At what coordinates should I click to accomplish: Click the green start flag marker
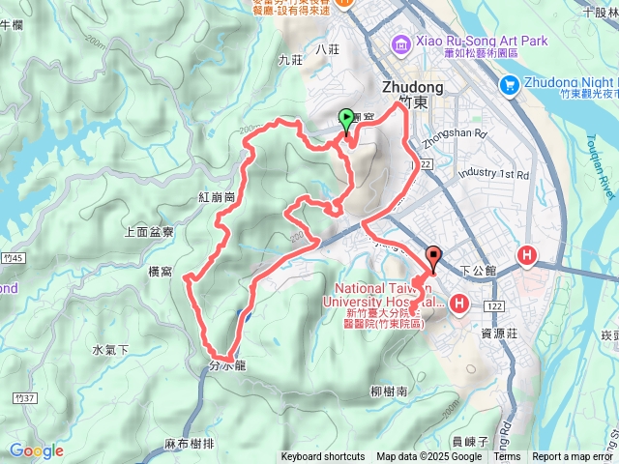pos(347,119)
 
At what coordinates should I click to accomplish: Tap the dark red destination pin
pos(432,257)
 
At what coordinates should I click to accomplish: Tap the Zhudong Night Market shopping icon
pos(510,86)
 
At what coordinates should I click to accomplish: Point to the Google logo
pos(36,450)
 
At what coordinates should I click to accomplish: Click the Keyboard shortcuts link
pos(323,457)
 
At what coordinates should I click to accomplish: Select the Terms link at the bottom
pos(507,457)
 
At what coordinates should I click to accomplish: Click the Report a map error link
pos(574,457)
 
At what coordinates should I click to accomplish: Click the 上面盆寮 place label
pos(150,232)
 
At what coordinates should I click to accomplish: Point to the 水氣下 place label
pos(111,349)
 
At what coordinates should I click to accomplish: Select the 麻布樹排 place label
pos(189,444)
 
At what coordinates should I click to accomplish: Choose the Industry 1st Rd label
pos(493,175)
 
